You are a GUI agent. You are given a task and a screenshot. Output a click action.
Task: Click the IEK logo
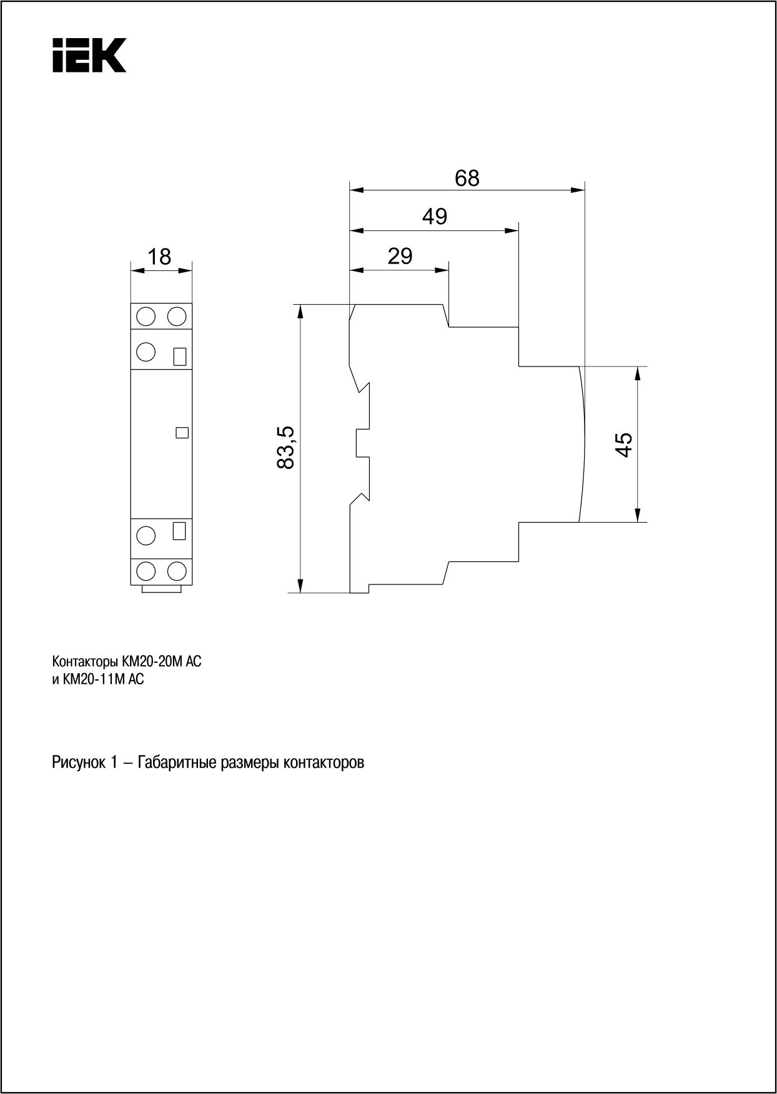(x=89, y=55)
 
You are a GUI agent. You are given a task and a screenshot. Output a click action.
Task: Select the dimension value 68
(x=467, y=178)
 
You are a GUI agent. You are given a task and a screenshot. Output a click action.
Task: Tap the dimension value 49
(x=435, y=217)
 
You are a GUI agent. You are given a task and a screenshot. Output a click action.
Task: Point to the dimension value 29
(x=400, y=256)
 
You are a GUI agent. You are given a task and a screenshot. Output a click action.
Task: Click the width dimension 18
(x=160, y=257)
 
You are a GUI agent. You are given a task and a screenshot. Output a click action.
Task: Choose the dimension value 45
(x=623, y=444)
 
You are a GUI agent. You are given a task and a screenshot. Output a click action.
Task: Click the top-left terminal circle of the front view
(x=146, y=316)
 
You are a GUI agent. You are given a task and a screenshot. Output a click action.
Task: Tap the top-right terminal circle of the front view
(x=177, y=316)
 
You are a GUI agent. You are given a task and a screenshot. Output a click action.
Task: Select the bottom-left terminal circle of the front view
(x=146, y=571)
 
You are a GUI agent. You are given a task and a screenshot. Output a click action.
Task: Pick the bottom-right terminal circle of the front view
(x=177, y=571)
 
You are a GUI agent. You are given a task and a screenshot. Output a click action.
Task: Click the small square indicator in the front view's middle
(x=182, y=432)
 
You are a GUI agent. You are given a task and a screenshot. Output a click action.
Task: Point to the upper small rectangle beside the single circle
(x=180, y=356)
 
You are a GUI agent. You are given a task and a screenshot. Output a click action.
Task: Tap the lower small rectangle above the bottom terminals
(x=180, y=531)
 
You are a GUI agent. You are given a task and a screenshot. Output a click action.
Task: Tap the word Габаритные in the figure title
(x=177, y=763)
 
